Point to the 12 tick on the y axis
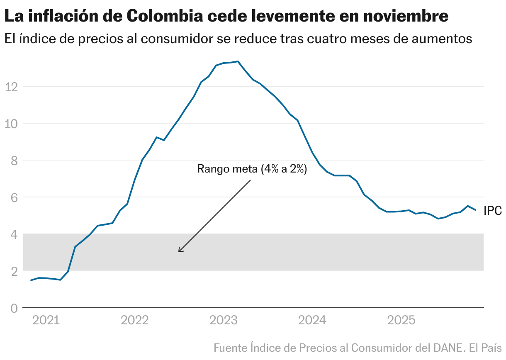click(x=11, y=87)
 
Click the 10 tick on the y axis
click(x=11, y=124)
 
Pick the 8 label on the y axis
click(x=14, y=161)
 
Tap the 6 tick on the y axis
click(x=14, y=197)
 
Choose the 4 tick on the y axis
click(x=14, y=235)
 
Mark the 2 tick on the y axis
click(x=14, y=272)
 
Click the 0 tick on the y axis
click(x=14, y=309)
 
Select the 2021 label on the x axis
click(x=46, y=321)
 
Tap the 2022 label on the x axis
click(x=134, y=321)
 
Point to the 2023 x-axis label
click(x=224, y=321)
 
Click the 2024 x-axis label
click(x=312, y=321)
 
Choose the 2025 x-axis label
click(x=401, y=321)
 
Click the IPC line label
click(x=493, y=211)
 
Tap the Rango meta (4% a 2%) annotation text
click(x=252, y=169)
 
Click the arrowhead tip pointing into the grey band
click(x=179, y=251)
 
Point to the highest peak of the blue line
click(x=238, y=61)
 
